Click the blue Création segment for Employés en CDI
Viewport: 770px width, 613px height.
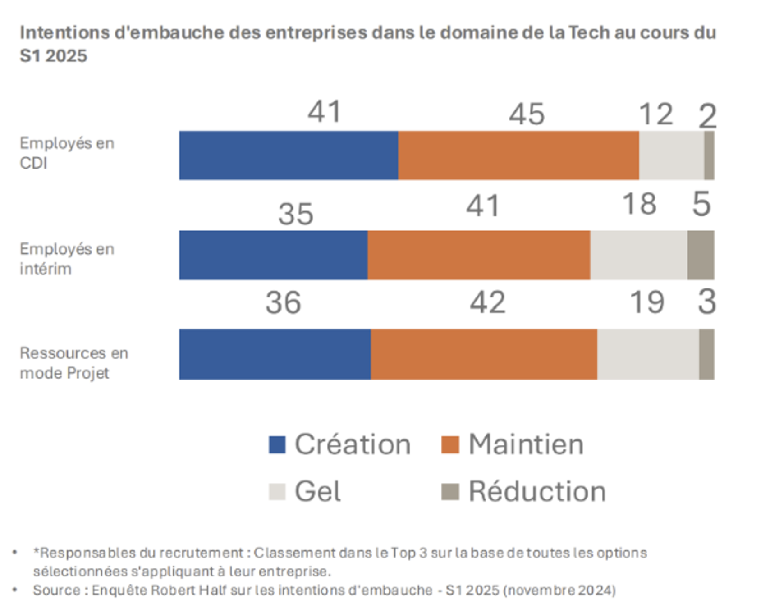pyautogui.click(x=289, y=156)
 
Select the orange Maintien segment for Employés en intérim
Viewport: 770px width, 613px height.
pyautogui.click(x=479, y=255)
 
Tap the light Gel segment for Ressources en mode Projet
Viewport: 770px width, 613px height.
pyautogui.click(x=648, y=354)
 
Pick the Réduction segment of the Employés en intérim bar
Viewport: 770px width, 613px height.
pyautogui.click(x=701, y=255)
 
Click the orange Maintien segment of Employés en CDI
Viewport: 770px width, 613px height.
pyautogui.click(x=518, y=156)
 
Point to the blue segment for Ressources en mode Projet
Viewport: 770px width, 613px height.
pyautogui.click(x=275, y=354)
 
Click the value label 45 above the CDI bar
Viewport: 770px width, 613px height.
pyautogui.click(x=527, y=114)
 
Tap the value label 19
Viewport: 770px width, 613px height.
pyautogui.click(x=646, y=302)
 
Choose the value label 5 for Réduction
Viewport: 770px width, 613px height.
pyautogui.click(x=701, y=204)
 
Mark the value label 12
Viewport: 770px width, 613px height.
pyautogui.click(x=656, y=114)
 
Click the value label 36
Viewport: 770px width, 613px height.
pyautogui.click(x=283, y=302)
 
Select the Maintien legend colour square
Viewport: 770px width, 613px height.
pyautogui.click(x=450, y=445)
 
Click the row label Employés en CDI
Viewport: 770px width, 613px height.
pyautogui.click(x=67, y=153)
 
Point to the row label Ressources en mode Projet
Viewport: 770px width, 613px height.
pyautogui.click(x=73, y=363)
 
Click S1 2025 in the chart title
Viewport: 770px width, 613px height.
pyautogui.click(x=53, y=56)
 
